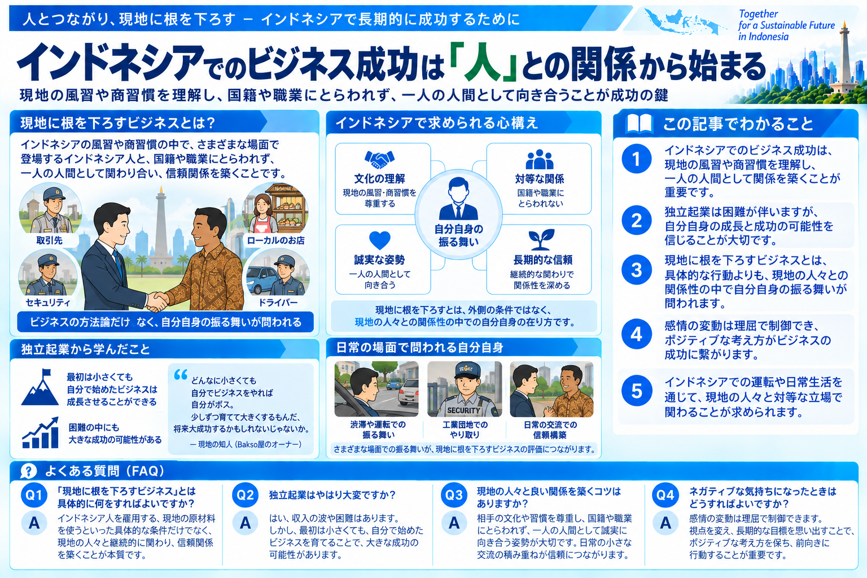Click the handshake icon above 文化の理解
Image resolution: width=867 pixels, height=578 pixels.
click(x=379, y=159)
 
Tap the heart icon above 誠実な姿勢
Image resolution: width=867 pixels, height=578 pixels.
click(x=380, y=240)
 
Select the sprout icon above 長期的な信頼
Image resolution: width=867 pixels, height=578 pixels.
click(x=541, y=239)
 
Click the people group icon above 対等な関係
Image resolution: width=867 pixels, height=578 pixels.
click(x=540, y=159)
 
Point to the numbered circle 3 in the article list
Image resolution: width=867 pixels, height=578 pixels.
click(x=636, y=270)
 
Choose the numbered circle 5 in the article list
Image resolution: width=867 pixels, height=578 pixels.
click(x=636, y=391)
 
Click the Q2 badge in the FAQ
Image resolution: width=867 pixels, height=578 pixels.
click(x=245, y=495)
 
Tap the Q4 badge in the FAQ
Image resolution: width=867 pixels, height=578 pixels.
click(x=665, y=495)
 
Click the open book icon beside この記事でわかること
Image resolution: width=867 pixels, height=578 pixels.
click(x=639, y=124)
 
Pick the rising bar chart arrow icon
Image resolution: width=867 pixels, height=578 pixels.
click(x=40, y=433)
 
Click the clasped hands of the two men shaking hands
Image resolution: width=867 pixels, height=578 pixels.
click(x=157, y=300)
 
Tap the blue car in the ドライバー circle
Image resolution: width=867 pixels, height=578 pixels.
click(x=262, y=279)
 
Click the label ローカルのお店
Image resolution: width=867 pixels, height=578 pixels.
click(x=275, y=240)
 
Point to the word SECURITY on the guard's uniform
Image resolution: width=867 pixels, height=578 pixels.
click(x=463, y=410)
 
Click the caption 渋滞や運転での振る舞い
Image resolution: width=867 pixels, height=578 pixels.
click(x=378, y=430)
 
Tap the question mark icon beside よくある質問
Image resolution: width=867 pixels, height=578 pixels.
click(x=28, y=471)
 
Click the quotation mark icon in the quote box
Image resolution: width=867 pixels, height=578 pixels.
click(x=181, y=374)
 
